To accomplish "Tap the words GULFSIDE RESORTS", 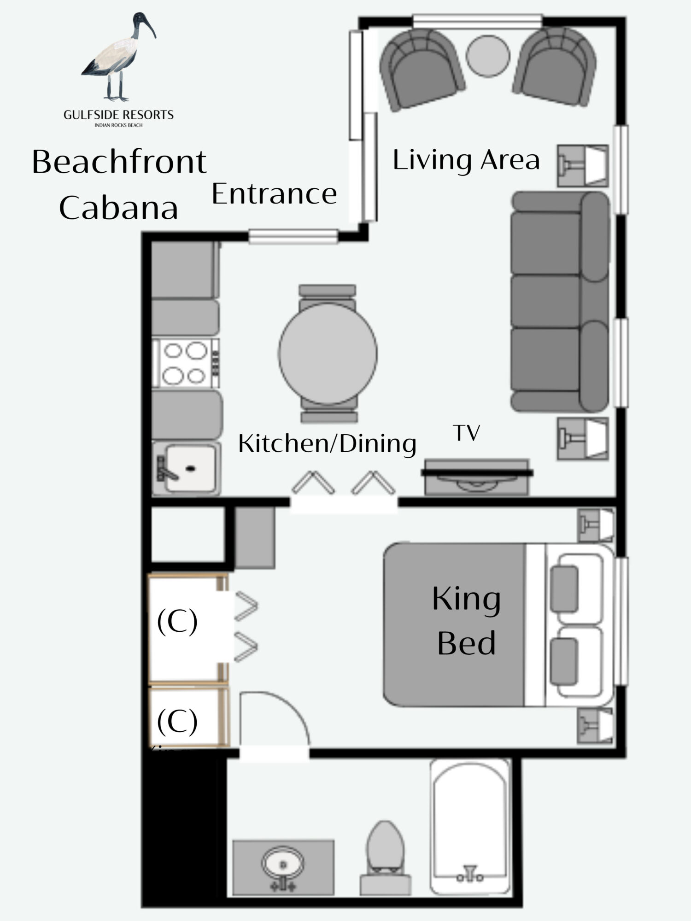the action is coord(119,115).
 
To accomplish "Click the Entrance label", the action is coord(274,193).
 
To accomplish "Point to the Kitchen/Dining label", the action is coord(327,444).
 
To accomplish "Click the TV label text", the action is coord(467,432).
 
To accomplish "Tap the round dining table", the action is coord(328,354).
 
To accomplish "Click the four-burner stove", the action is coord(186,363).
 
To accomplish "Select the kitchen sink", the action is coord(186,468).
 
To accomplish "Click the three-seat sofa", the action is coord(560,302).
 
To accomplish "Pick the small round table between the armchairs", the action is coord(488,56).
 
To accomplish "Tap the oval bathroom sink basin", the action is coord(283,863).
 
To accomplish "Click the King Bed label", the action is coord(466,621).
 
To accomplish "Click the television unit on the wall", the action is coord(477,476).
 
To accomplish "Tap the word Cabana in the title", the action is coord(118,208).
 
